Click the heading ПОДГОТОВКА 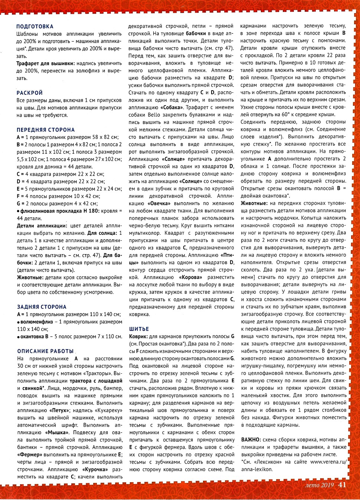tap(35, 26)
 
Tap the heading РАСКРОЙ tap(30, 93)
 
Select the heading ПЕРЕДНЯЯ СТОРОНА tap(46, 130)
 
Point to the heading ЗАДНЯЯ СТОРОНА tap(42, 307)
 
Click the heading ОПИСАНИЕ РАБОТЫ tap(45, 351)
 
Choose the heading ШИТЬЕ tap(139, 329)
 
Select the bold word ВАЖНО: tap(251, 440)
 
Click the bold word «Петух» tap(59, 410)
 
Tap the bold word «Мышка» tap(57, 432)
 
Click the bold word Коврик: tap(138, 336)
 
